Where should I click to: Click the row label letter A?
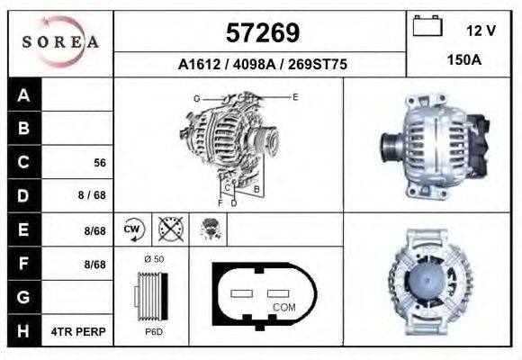tap(24, 95)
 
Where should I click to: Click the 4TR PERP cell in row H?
tap(78, 331)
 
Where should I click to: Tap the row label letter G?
tap(24, 297)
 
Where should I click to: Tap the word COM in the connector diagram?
tap(283, 307)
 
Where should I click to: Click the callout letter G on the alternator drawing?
tap(196, 97)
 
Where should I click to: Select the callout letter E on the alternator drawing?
tap(294, 95)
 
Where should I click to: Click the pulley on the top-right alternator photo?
tap(391, 144)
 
